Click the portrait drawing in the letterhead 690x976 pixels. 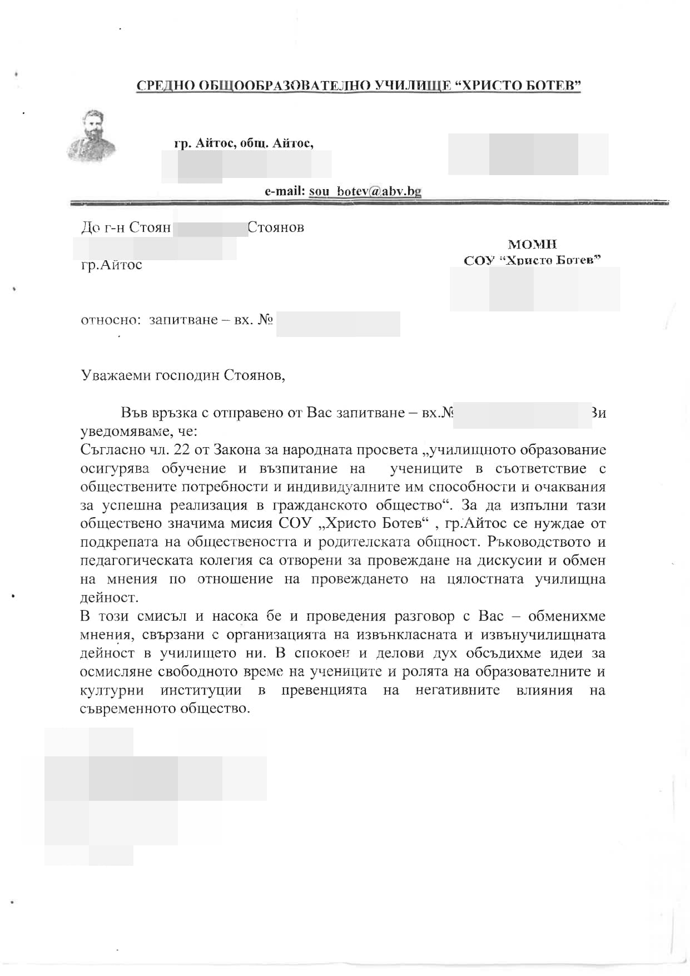point(91,136)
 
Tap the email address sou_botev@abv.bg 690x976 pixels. point(365,191)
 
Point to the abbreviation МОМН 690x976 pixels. point(532,244)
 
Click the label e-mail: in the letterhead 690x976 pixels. point(285,191)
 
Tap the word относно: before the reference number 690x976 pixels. point(109,320)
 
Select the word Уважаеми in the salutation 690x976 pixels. point(115,375)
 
